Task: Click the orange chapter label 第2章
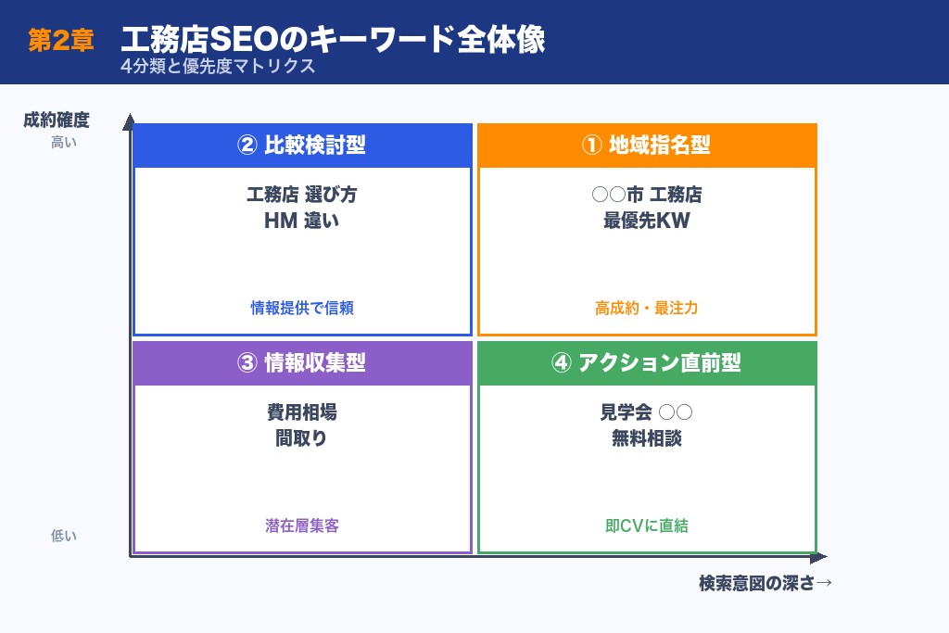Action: click(60, 41)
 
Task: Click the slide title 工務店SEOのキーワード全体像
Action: click(333, 40)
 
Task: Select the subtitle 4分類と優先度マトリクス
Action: click(217, 67)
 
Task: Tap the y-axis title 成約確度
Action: click(57, 120)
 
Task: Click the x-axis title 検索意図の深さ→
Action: click(766, 583)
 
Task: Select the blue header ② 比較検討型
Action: click(302, 146)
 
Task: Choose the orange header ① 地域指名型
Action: click(646, 146)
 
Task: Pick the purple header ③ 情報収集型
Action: click(302, 363)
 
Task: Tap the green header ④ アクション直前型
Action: click(646, 363)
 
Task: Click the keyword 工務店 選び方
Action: click(302, 195)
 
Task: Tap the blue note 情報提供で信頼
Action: click(302, 308)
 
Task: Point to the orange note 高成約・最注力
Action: click(646, 308)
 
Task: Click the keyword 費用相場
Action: click(302, 413)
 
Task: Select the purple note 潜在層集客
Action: click(302, 525)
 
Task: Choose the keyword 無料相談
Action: click(646, 438)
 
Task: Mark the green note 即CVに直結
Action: click(646, 525)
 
